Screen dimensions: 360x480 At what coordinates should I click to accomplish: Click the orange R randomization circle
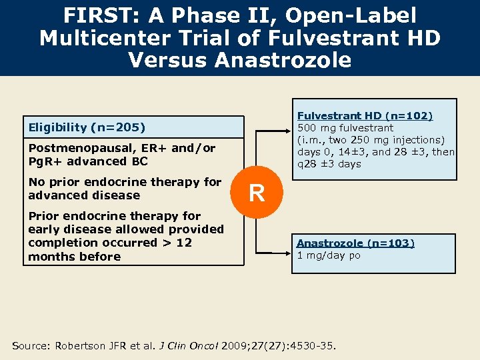tap(257, 193)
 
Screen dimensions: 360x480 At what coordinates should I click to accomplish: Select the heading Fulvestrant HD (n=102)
tap(365, 116)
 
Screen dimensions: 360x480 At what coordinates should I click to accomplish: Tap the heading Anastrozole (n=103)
tap(355, 243)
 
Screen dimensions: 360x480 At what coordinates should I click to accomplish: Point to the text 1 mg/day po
tap(329, 256)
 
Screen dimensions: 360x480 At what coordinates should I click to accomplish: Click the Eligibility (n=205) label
tap(87, 127)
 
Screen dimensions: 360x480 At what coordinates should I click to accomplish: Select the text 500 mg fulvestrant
tap(345, 128)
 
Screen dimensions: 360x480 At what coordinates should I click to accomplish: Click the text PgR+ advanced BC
tap(88, 161)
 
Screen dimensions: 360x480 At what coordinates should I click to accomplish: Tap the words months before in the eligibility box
tap(75, 257)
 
